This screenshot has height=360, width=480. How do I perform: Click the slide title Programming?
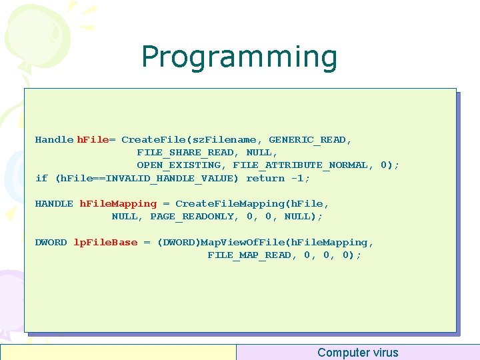239,57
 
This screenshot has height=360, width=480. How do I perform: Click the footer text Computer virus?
357,353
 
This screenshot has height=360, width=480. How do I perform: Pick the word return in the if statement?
265,178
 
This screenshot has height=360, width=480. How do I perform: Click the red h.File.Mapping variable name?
118,204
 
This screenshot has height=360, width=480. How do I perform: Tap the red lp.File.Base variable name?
105,243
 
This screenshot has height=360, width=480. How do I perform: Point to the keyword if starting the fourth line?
41,178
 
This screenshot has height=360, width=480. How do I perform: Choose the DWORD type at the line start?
51,243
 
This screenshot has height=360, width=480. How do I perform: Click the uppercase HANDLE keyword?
54,204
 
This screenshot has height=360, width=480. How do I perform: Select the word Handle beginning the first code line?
54,140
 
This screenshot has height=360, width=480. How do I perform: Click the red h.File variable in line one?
93,140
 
